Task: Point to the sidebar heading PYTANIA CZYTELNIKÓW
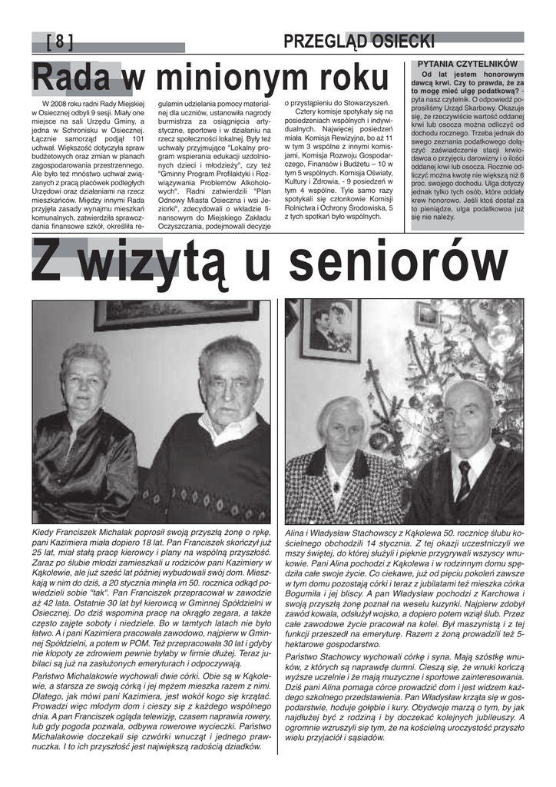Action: coord(467,64)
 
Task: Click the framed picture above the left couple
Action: coord(177,314)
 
